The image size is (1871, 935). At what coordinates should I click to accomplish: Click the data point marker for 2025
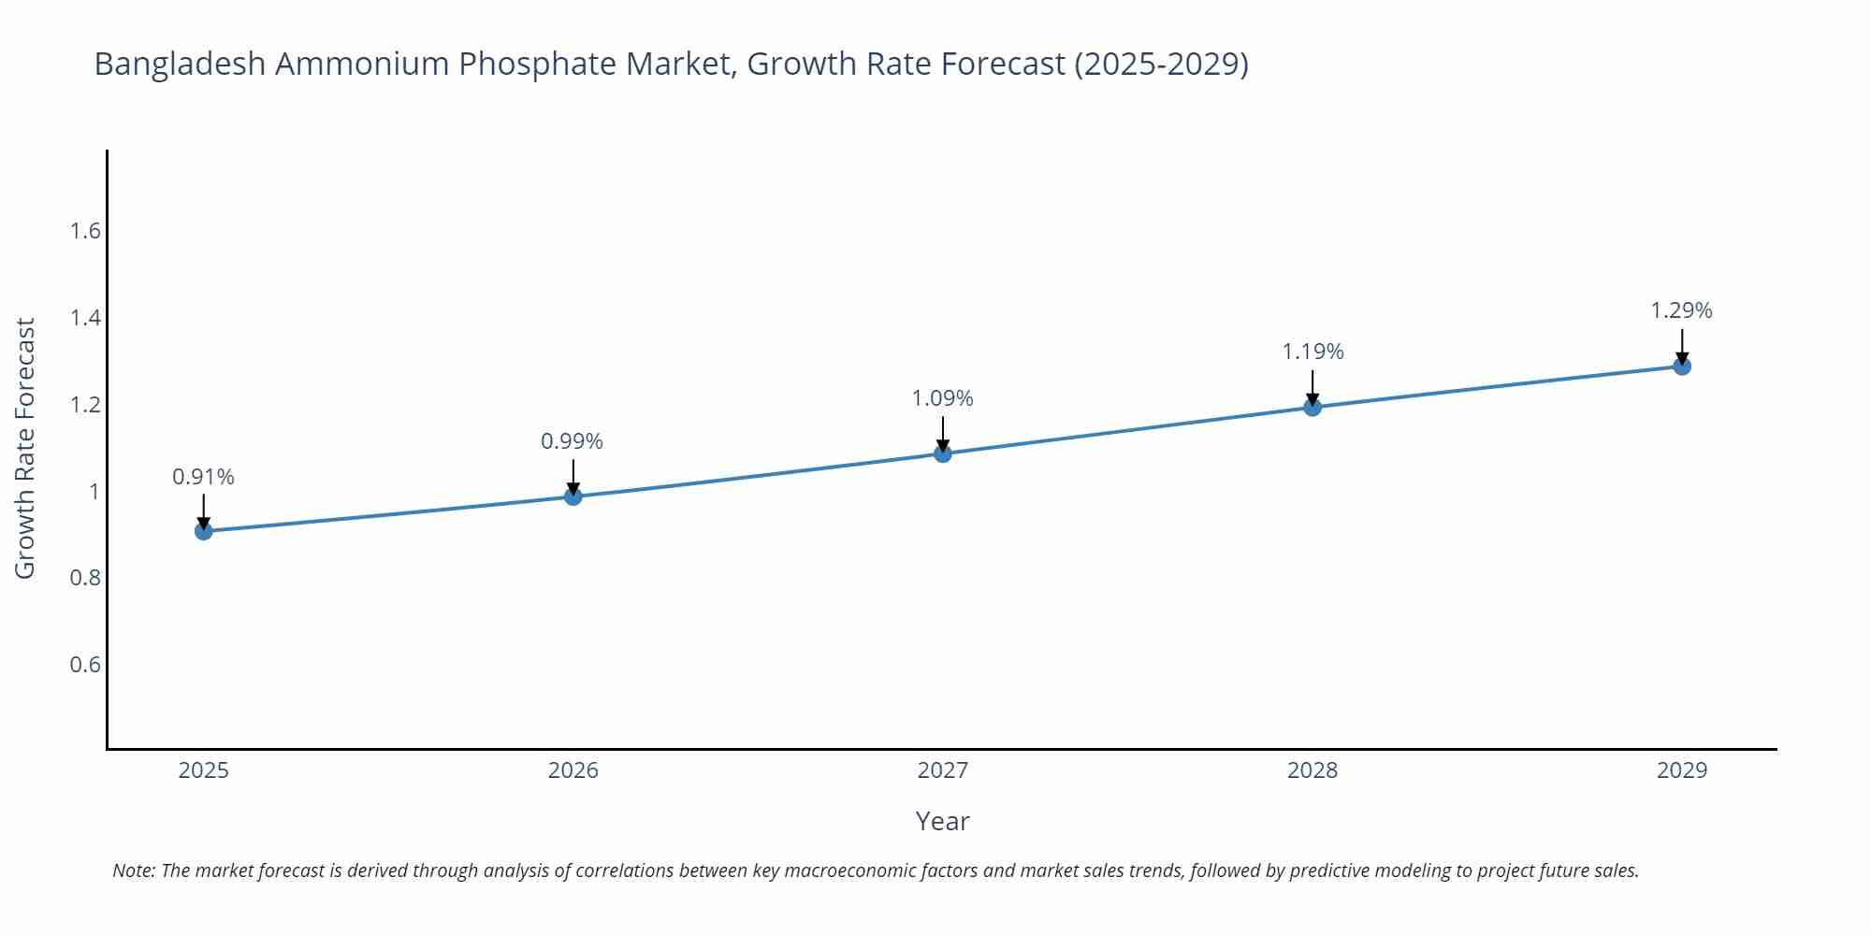(x=203, y=531)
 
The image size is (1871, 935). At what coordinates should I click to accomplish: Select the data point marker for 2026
(x=573, y=496)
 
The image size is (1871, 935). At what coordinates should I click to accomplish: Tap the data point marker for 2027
(x=942, y=453)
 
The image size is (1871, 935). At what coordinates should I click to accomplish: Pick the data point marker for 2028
(x=1312, y=407)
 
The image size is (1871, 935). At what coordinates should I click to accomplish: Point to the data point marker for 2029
(x=1681, y=366)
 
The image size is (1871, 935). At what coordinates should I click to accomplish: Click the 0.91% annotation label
(x=203, y=477)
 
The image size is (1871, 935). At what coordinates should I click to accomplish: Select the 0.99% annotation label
(x=572, y=441)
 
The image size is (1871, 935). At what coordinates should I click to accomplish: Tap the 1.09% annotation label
(x=942, y=398)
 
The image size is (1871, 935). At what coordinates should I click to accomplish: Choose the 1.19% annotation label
(x=1312, y=352)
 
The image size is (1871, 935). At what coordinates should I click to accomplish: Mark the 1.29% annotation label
(x=1681, y=310)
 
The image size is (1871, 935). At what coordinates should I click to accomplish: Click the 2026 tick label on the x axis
(x=573, y=770)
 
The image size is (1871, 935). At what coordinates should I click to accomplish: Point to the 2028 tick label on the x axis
(x=1312, y=770)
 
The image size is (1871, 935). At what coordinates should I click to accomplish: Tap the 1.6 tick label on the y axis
(x=85, y=231)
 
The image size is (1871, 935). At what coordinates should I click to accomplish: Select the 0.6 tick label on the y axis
(x=85, y=665)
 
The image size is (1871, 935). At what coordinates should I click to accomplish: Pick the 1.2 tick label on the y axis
(x=85, y=405)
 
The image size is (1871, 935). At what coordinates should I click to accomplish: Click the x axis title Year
(x=942, y=821)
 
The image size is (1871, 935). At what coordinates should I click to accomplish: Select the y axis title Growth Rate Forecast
(x=25, y=448)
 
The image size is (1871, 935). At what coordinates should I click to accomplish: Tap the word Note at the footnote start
(x=133, y=870)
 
